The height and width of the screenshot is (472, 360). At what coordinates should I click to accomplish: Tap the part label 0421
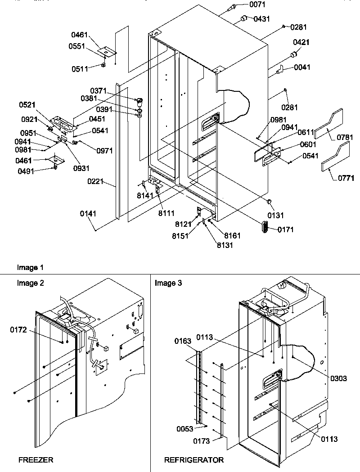tap(301, 42)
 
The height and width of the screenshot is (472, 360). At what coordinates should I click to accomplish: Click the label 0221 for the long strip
tap(95, 182)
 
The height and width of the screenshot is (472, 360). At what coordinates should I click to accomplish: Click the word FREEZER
tap(36, 460)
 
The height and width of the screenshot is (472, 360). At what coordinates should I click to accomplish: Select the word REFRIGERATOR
tap(193, 460)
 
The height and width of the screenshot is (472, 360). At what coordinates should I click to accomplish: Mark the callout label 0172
tap(18, 330)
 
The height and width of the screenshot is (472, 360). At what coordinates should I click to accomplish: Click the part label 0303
tap(338, 379)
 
